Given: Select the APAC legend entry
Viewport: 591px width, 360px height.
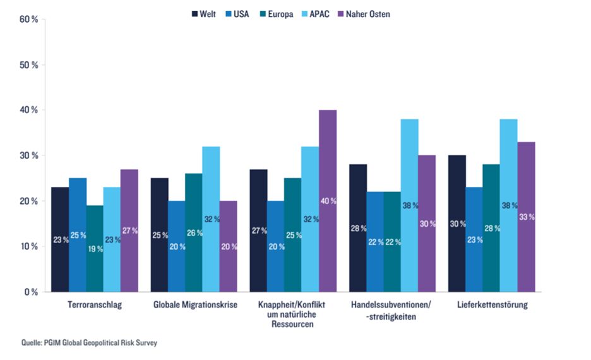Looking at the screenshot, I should pyautogui.click(x=316, y=14).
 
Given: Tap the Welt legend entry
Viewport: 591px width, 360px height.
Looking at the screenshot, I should pyautogui.click(x=204, y=14).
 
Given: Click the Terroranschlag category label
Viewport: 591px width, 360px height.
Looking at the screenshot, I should pyautogui.click(x=95, y=305).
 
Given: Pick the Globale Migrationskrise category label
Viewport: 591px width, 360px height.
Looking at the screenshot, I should pyautogui.click(x=195, y=305).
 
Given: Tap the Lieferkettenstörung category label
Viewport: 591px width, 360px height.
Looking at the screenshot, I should pyautogui.click(x=492, y=305).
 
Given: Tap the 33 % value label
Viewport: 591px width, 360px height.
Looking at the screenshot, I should pyautogui.click(x=527, y=217).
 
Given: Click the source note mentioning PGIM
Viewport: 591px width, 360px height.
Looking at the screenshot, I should pyautogui.click(x=89, y=343).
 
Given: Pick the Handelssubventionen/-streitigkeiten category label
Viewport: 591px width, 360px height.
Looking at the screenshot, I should pyautogui.click(x=391, y=310).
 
